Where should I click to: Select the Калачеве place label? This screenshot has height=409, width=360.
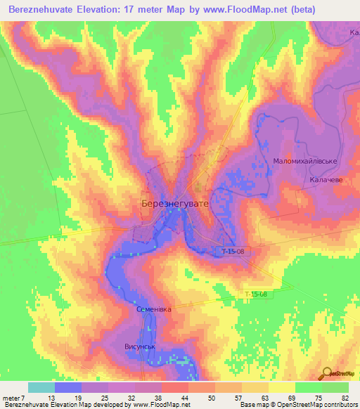[x=325, y=180]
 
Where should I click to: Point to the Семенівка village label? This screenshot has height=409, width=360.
[x=153, y=309]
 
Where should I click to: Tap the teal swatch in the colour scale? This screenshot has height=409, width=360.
[x=41, y=387]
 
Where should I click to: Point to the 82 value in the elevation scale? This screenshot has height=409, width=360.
[x=345, y=398]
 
